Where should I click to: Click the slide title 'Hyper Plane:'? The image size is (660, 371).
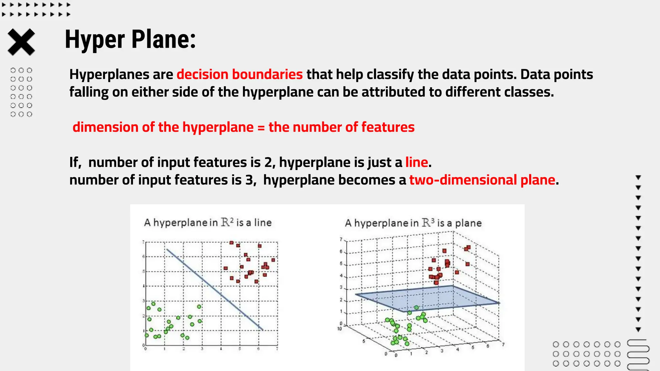pos(130,39)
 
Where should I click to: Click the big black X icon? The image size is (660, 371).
pos(21,42)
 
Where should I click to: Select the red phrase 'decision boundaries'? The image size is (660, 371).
pos(239,74)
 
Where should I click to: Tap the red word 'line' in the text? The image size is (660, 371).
pos(416,162)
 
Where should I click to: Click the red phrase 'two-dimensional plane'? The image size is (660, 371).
pos(482,180)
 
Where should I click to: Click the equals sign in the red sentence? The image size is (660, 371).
pos(261,128)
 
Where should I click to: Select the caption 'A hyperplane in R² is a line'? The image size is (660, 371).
pos(208,223)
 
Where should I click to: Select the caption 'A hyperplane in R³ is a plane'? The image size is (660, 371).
pos(413,223)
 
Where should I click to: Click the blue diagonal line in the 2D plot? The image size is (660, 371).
pos(215,290)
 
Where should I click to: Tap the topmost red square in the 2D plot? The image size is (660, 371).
pos(231,243)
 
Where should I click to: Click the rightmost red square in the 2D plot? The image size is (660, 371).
pos(273,260)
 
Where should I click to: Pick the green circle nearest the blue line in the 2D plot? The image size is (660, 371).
pos(199,307)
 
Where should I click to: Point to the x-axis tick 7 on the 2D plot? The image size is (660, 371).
pos(277,349)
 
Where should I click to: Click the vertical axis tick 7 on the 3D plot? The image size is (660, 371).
pos(341,239)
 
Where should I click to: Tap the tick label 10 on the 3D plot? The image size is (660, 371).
pos(339,329)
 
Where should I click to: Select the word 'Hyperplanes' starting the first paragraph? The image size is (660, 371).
pos(109,74)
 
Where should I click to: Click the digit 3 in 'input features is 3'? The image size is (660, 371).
pos(249,180)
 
